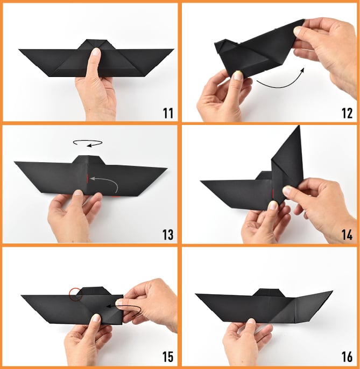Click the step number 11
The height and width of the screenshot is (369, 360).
[x=168, y=113]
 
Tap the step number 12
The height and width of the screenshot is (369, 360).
[x=347, y=113]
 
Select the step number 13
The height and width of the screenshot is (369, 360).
[x=168, y=235]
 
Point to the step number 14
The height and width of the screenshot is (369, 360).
[x=347, y=235]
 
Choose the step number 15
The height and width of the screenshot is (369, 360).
[x=168, y=357]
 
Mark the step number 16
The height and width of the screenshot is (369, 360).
[x=347, y=357]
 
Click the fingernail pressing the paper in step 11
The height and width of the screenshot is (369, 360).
[x=96, y=52]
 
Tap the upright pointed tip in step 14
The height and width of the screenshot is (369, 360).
[x=299, y=126]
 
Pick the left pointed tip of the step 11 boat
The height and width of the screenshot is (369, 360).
[x=19, y=50]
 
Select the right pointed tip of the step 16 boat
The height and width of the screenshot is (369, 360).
[x=332, y=291]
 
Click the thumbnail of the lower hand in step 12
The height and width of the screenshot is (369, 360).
[x=237, y=75]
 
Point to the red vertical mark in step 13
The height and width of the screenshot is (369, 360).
[x=87, y=178]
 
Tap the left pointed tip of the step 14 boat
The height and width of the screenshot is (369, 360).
[x=201, y=181]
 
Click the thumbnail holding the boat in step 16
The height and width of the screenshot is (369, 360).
[x=251, y=321]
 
